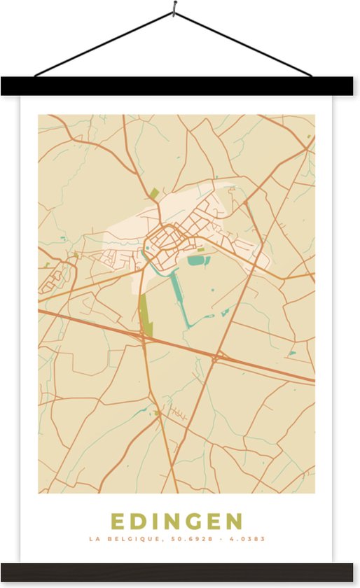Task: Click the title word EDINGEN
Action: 176,521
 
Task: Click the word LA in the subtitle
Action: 94,540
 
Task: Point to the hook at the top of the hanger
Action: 174,8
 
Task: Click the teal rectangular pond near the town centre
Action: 196,260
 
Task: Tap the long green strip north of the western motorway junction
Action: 145,314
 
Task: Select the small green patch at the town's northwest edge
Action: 153,193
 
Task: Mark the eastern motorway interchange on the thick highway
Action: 217,358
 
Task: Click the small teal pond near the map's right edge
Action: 291,353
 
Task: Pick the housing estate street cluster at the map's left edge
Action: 55,279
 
